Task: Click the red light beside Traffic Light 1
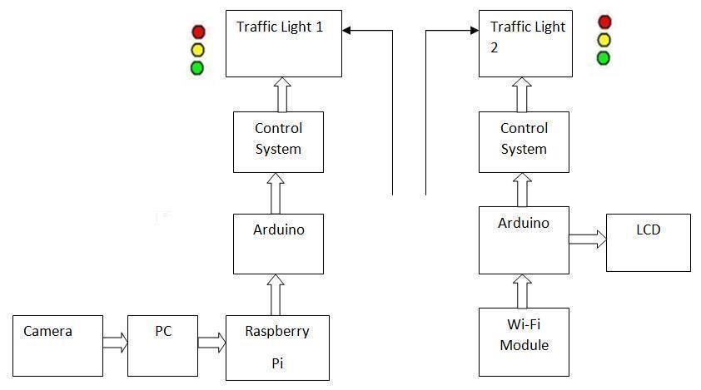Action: [198, 32]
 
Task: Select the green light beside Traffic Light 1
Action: [197, 68]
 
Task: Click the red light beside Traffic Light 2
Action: [604, 22]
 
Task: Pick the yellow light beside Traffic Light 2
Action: [604, 40]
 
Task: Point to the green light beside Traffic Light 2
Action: [604, 58]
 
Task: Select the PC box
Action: [163, 345]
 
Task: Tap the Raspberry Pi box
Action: [277, 348]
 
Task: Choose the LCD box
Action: [648, 242]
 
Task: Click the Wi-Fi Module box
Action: [524, 341]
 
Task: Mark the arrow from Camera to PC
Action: [115, 342]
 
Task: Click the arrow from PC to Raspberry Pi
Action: [212, 342]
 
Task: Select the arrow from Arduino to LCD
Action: [588, 239]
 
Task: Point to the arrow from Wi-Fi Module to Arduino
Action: [523, 291]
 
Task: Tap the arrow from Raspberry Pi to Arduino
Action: [277, 294]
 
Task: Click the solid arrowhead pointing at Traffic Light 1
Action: [347, 31]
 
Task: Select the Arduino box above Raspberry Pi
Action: [278, 243]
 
